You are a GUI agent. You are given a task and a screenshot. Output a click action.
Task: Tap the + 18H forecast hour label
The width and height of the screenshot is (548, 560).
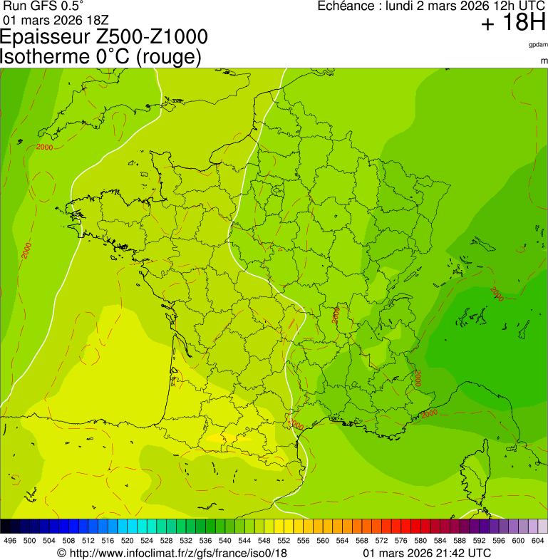tap(512, 24)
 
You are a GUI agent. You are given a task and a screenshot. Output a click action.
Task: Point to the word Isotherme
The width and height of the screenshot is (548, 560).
tap(44, 57)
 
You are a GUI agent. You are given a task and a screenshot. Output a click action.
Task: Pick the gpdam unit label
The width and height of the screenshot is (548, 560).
tap(538, 44)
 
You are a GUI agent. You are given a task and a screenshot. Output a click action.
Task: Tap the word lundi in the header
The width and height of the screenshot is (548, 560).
tap(400, 6)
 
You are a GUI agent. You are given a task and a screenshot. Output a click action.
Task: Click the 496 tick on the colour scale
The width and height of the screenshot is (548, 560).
tap(10, 541)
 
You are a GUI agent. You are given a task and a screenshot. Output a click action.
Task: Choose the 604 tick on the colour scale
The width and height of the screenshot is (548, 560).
tap(538, 541)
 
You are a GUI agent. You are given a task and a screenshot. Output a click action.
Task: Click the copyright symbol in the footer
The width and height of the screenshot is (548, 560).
tap(61, 553)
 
